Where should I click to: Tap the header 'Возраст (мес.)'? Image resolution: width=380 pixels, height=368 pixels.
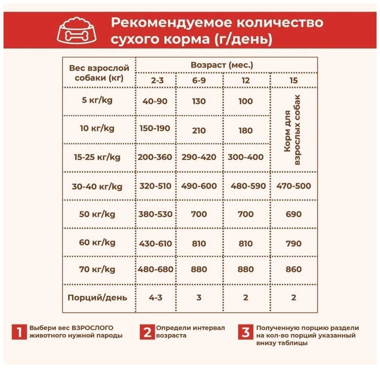222,65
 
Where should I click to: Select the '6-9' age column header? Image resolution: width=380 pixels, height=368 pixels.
199,80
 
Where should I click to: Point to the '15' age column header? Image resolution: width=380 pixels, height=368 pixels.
294,80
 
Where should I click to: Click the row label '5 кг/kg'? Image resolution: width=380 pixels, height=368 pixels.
97,101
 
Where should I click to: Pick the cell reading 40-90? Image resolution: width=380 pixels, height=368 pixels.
155,101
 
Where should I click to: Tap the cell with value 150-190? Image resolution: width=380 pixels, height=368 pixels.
155,128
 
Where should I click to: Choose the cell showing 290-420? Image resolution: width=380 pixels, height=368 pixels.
199,157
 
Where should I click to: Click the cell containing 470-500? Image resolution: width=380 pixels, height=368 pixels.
294,186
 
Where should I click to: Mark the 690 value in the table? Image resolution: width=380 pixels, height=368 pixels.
294,214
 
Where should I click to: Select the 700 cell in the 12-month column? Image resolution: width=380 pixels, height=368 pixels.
245,214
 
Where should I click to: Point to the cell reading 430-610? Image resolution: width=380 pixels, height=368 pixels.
155,243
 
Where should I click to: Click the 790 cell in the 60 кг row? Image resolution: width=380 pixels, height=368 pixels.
294,243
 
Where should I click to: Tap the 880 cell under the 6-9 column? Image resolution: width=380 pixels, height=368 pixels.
199,269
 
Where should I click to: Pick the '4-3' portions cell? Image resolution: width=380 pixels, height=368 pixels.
155,298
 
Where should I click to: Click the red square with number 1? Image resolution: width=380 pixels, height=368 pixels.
19,332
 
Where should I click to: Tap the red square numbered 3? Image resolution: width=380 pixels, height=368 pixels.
245,332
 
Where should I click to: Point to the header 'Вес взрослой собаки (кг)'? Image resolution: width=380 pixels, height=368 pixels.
99,73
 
